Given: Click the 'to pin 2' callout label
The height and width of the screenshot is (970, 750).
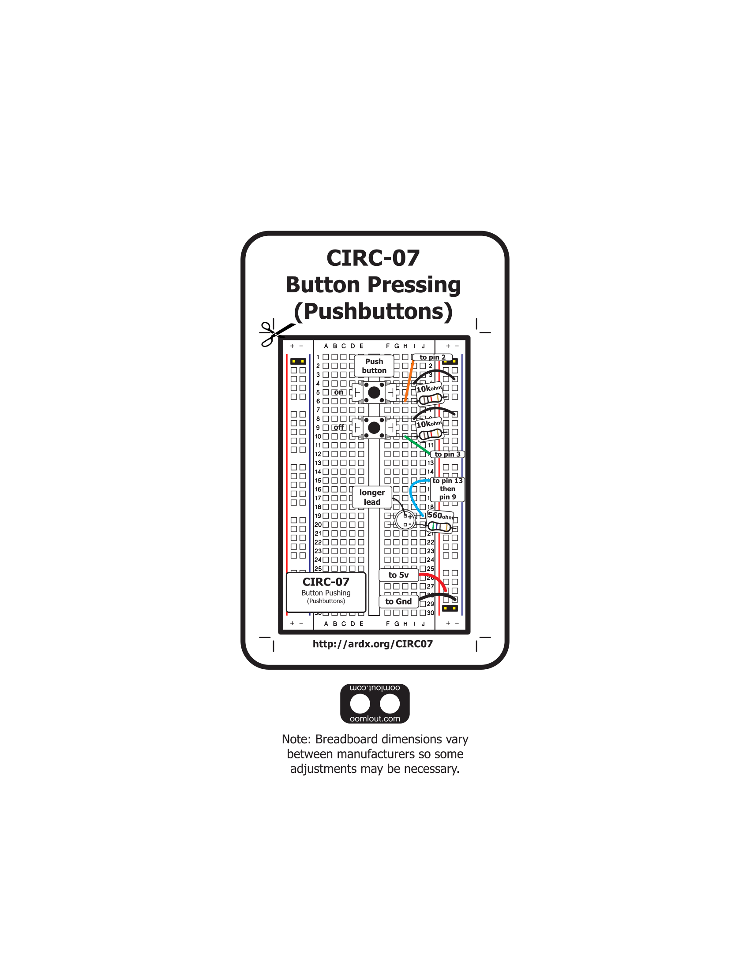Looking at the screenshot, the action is tap(432, 357).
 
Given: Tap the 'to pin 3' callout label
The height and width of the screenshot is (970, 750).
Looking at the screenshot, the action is tap(447, 454).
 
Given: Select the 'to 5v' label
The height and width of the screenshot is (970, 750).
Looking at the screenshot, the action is tap(398, 575).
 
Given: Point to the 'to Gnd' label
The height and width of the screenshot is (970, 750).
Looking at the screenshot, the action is tap(398, 601).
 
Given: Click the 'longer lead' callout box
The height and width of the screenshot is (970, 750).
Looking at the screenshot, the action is tap(372, 497).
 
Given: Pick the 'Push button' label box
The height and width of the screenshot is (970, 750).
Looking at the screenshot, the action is tap(374, 366).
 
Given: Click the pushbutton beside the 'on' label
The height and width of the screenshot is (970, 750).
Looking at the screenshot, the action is tap(374, 392).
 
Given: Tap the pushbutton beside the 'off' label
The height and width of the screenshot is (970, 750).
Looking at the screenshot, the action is tap(374, 428).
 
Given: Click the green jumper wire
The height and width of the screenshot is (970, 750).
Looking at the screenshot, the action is tap(417, 445).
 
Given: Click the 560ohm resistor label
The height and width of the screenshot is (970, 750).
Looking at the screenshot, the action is tap(440, 516).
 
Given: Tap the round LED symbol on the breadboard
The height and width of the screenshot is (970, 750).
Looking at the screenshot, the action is tap(405, 520).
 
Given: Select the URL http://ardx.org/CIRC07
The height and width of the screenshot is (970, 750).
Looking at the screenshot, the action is tap(372, 644).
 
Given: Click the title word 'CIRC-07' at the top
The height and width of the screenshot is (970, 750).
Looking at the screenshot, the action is tap(373, 258).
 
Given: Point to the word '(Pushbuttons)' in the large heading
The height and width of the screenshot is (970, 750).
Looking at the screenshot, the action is tap(373, 311).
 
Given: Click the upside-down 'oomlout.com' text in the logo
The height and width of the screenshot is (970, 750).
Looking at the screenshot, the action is tap(375, 688).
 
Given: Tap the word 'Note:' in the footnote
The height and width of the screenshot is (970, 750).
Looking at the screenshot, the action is tap(296, 739).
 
